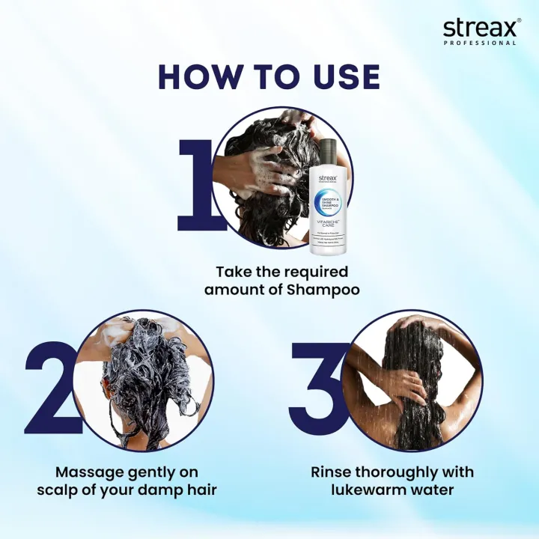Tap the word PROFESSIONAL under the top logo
click(490, 43)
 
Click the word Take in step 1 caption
click(233, 271)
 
